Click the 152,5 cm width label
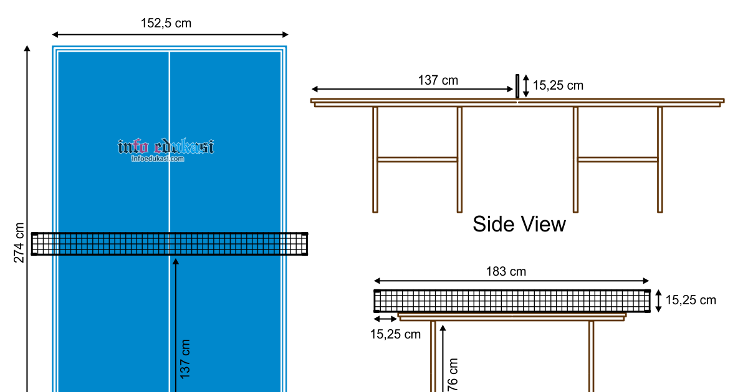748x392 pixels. coord(166,24)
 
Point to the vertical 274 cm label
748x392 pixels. coord(19,243)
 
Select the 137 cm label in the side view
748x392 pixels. coord(438,80)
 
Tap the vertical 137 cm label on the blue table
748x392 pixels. coord(185,359)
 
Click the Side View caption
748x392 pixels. coord(519,224)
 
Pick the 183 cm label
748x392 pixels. coord(506,271)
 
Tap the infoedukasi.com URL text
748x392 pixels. coord(158,159)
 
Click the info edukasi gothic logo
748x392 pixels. coord(166,147)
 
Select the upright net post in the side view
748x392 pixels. coord(517,86)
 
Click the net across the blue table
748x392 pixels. coord(170,244)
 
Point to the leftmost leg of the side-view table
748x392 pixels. coord(375,159)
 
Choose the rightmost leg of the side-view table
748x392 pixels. coord(659,159)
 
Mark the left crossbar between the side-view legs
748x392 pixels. coord(417,159)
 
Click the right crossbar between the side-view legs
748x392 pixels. coord(617,159)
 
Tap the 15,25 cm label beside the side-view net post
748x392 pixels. coord(558,86)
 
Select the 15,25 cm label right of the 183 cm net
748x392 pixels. coord(691,301)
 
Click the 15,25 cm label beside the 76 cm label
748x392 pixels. coord(395,334)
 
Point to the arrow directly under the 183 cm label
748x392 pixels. coord(511,281)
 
